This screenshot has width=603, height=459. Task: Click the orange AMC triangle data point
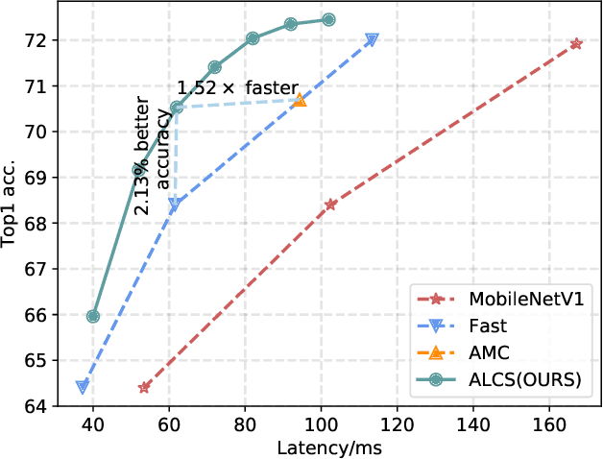tap(300, 100)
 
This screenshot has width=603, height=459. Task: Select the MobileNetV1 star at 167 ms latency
tap(576, 44)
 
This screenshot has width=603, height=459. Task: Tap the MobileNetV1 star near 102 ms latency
tap(330, 205)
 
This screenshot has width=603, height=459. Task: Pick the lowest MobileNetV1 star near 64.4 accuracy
tap(145, 387)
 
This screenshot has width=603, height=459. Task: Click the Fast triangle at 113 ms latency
tap(372, 39)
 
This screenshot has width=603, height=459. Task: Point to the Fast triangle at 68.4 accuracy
tap(175, 205)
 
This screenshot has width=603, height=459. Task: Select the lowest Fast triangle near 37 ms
tap(83, 387)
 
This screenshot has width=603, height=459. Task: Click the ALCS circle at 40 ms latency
tap(93, 316)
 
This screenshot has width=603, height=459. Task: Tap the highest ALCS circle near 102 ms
tap(328, 19)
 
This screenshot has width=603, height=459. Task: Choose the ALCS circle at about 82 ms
tap(253, 38)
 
